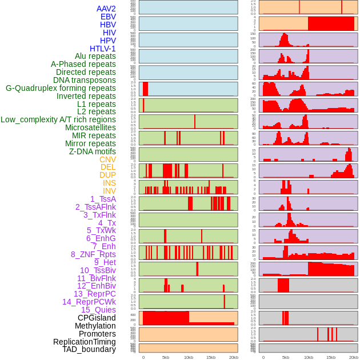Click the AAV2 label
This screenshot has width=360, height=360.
pos(106,9)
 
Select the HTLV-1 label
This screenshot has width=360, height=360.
pos(102,49)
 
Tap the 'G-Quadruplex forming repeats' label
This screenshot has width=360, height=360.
pos(61,88)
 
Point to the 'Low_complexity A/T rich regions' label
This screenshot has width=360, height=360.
pos(58,119)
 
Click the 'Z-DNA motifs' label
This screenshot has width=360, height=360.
pos(92,151)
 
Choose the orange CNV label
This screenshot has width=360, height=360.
pos(107,159)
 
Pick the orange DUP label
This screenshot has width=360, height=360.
pos(107,175)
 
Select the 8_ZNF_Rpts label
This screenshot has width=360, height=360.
pos(93,254)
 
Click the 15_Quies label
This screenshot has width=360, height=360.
pos(98,310)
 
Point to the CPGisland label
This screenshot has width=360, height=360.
pos(97,318)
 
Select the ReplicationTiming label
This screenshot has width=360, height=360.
pos(85,342)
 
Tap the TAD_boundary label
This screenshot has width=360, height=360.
pos(89,349)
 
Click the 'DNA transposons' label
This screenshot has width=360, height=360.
pos(85,80)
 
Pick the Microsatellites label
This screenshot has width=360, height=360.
pos(90,127)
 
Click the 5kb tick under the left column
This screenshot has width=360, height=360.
pos(166,357)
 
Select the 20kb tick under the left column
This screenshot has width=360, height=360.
pos(233,357)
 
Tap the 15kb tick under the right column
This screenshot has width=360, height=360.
pos(331,357)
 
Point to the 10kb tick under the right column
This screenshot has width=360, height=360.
pos(309,357)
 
